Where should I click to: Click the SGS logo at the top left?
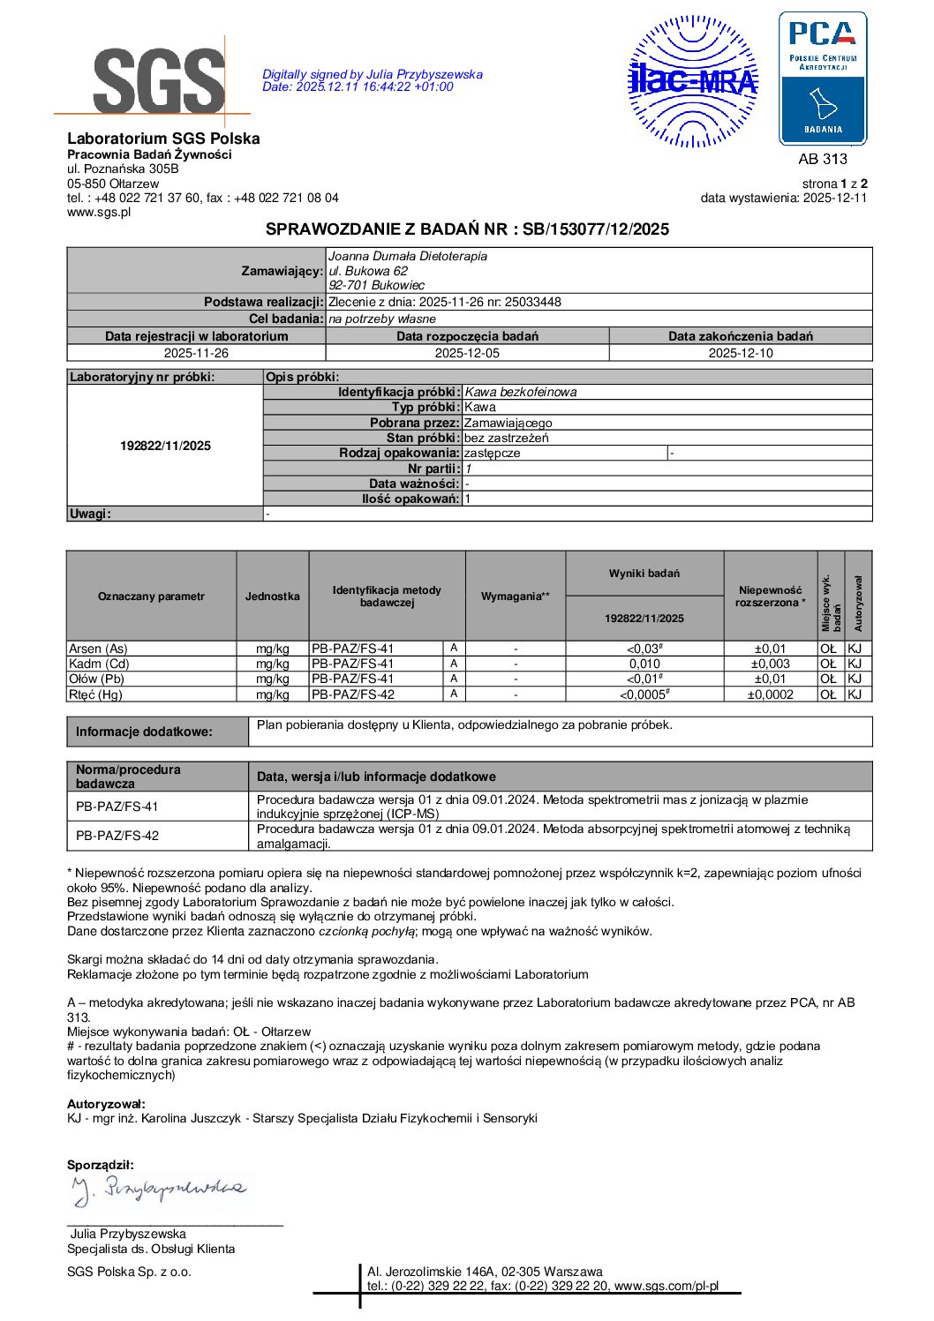159,79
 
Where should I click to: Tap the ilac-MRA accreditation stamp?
692,81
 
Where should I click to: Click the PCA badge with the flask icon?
822,79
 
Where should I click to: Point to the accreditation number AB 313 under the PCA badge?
822,159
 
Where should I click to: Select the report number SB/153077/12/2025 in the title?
596,229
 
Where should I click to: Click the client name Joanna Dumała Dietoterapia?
407,256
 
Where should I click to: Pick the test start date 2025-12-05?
467,353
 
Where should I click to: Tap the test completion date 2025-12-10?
740,353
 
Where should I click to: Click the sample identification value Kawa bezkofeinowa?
521,392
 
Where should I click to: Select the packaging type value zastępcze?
492,453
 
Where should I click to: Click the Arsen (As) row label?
98,649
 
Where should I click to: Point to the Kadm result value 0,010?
644,664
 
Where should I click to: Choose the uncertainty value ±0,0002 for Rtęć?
770,694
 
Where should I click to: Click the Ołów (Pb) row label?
96,679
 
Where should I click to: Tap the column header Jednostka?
272,597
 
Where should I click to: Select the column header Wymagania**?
515,597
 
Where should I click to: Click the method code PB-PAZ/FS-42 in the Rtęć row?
352,694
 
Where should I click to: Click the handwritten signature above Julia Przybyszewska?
159,1190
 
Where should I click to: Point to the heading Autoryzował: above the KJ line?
106,1104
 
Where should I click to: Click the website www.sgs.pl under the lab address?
99,212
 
